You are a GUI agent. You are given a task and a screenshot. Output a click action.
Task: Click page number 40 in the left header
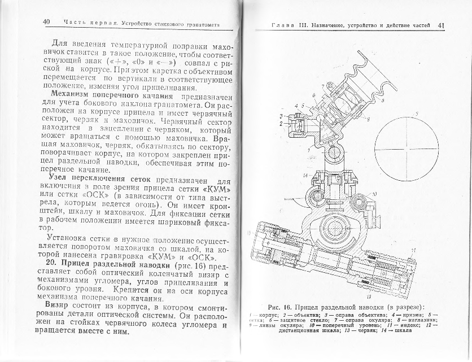(47, 22)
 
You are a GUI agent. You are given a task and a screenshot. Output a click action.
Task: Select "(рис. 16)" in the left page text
(191, 265)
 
